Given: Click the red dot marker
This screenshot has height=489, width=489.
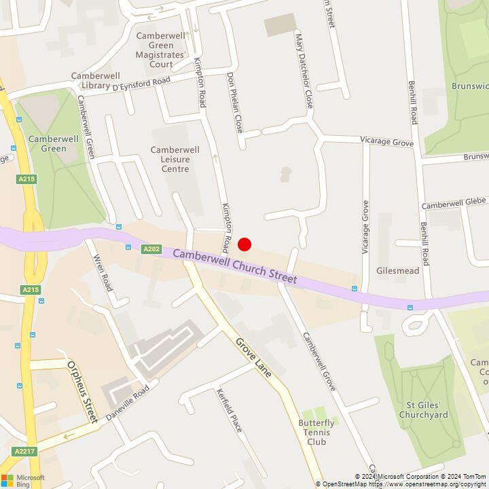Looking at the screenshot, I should point(244,244).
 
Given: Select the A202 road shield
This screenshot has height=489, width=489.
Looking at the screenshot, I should point(151,249).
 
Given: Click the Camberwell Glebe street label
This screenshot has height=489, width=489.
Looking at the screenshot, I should point(453,203).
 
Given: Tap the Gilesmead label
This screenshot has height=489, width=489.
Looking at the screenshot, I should point(397,270).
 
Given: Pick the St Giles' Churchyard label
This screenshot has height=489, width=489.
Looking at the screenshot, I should point(423,410).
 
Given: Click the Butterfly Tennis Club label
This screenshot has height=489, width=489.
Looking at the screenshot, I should point(316,432).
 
